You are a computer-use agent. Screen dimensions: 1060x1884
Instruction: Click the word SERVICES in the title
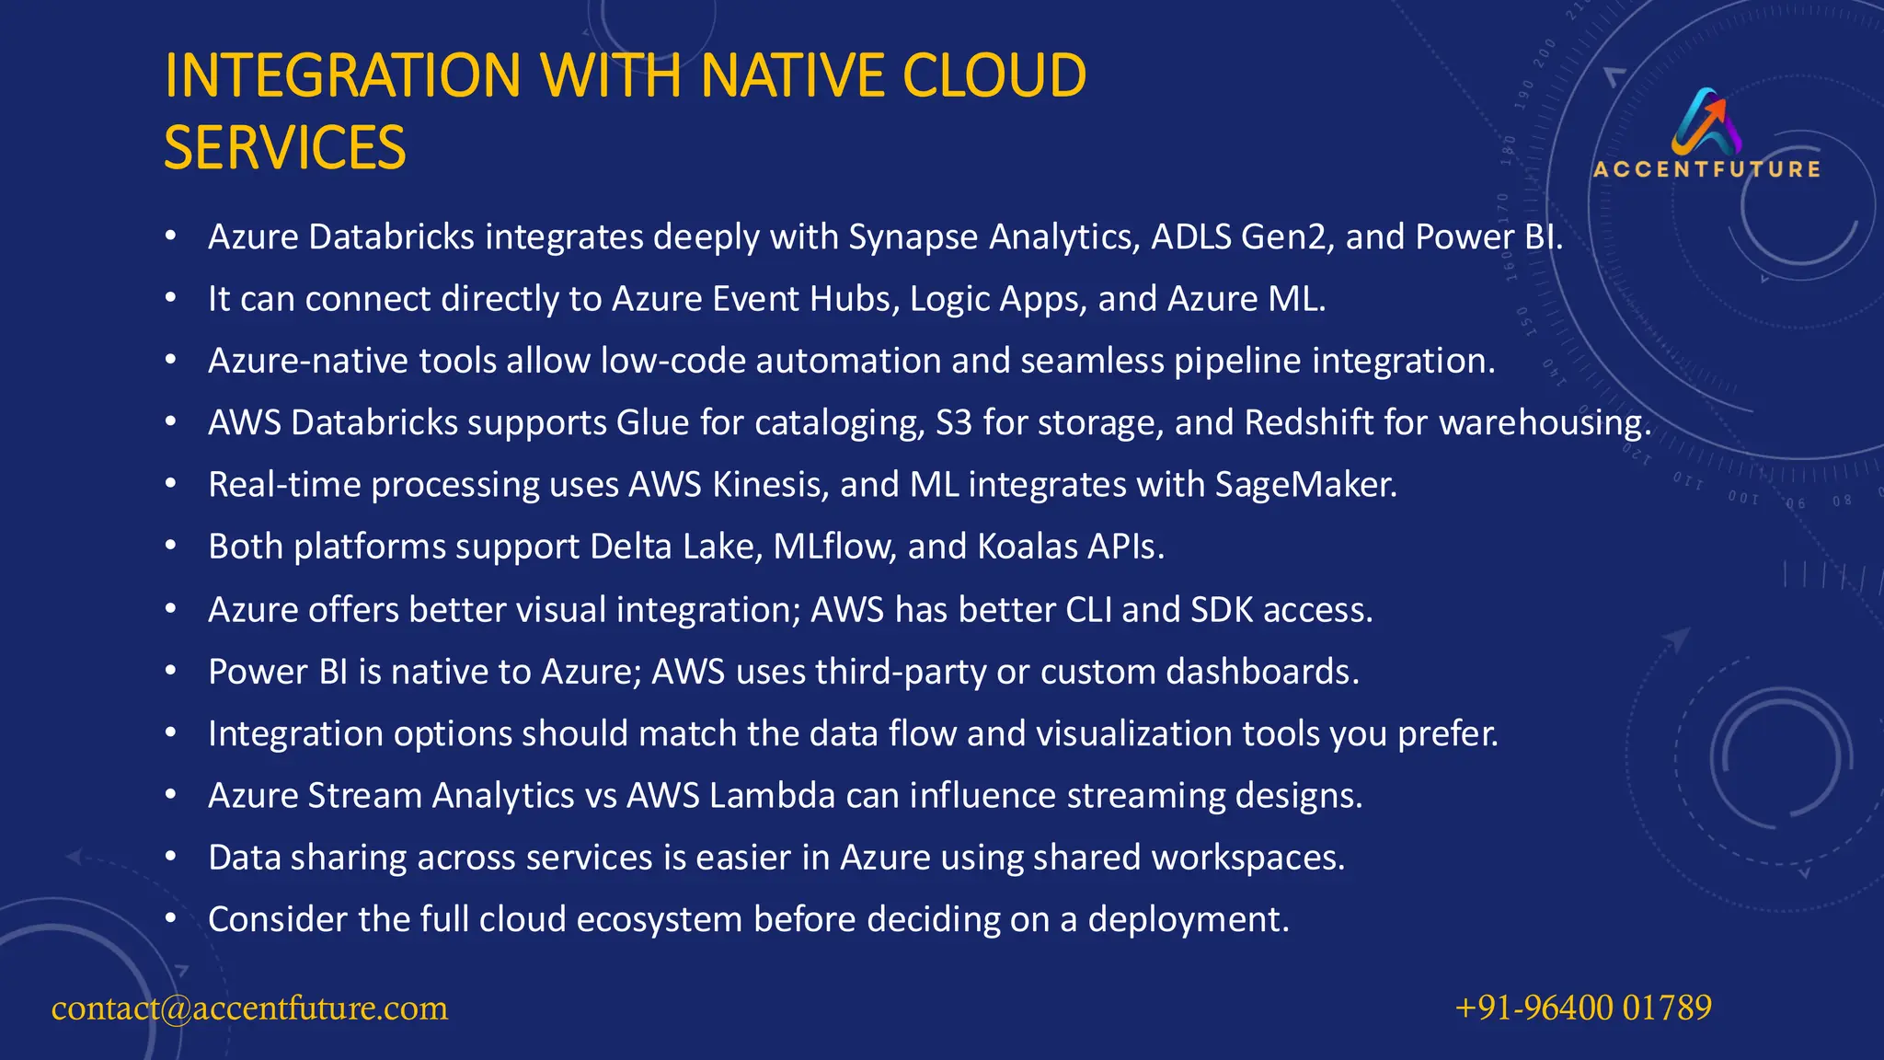[x=284, y=148]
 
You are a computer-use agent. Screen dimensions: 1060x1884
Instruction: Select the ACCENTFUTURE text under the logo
[x=1706, y=169]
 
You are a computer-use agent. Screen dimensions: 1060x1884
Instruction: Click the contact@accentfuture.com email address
[x=249, y=1008]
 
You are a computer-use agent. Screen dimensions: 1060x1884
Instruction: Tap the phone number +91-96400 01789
[x=1583, y=1008]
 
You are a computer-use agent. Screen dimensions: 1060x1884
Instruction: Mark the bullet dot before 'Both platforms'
[x=170, y=547]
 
